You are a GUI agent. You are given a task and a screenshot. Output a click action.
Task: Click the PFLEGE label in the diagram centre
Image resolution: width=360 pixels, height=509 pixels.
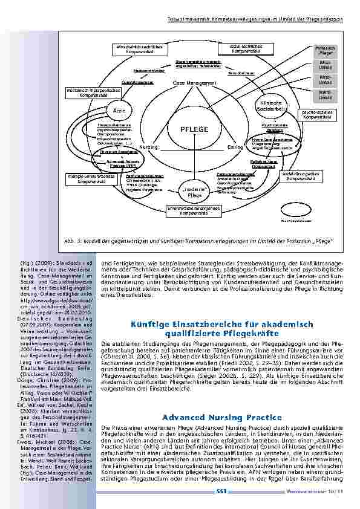click(x=194, y=129)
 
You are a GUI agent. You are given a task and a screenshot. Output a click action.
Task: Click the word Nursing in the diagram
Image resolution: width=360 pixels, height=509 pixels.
click(x=149, y=147)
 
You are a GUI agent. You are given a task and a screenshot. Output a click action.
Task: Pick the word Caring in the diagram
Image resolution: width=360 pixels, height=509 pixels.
click(x=235, y=147)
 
